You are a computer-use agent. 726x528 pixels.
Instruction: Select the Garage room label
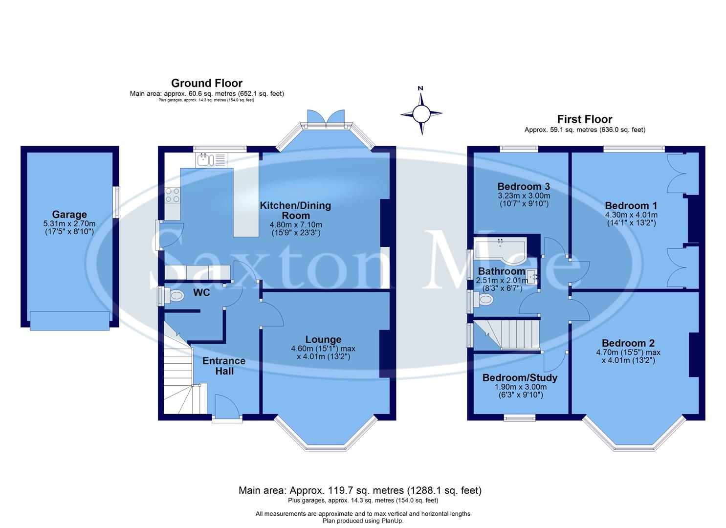tap(69, 214)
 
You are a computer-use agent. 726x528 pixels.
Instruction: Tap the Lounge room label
tap(323, 339)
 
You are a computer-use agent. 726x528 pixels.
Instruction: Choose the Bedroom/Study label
tap(520, 377)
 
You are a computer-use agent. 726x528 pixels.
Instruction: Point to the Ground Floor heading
tap(207, 83)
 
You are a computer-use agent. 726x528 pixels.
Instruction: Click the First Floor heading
tap(585, 119)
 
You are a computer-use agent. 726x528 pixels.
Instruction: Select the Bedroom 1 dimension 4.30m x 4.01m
tap(631, 215)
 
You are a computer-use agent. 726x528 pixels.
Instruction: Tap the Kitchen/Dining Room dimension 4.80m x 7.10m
tap(295, 224)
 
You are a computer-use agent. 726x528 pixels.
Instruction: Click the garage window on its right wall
tap(116, 202)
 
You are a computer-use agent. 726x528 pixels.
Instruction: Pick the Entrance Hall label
tap(224, 366)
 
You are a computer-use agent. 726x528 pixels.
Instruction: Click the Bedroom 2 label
tap(628, 343)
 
